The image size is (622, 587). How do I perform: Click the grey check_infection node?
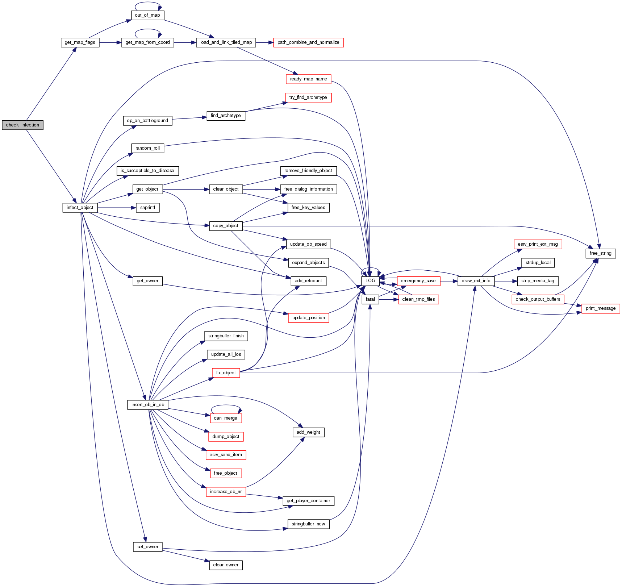[x=22, y=125]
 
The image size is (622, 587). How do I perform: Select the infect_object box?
[x=80, y=208]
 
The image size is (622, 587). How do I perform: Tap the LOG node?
[x=370, y=281]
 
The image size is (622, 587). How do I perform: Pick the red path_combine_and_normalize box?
[x=308, y=42]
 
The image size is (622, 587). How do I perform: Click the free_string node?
[x=600, y=253]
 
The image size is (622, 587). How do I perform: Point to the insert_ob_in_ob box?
[x=148, y=405]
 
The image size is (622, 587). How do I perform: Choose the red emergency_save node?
[x=418, y=281]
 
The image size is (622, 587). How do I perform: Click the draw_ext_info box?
[x=476, y=281]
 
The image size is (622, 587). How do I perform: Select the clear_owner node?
[x=226, y=565]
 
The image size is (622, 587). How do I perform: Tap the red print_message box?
[x=601, y=308]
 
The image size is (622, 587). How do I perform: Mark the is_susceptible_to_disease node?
[x=147, y=171]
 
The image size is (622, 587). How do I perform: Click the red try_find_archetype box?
[x=308, y=97]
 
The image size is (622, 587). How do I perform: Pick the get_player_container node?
[x=308, y=501]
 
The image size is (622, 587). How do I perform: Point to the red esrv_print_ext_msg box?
[x=538, y=244]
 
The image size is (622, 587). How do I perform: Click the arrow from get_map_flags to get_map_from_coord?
[x=110, y=42]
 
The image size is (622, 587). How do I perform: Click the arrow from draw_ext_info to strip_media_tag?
[x=506, y=281]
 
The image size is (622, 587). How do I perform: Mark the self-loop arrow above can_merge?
[x=226, y=405]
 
